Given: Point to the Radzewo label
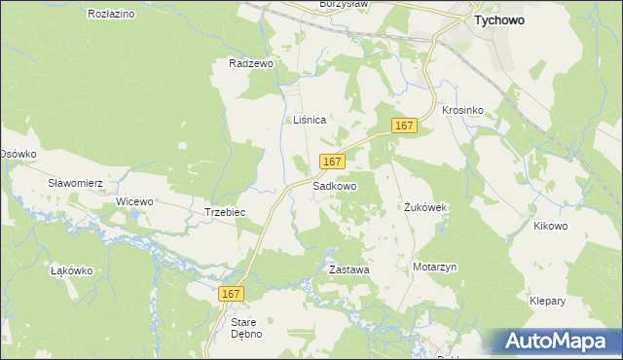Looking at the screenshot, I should coord(251,63).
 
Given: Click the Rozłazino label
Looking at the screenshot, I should coord(111,15).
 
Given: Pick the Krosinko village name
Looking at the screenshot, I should coord(462,111).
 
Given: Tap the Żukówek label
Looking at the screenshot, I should coord(425,208).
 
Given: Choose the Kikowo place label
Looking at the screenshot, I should coord(550,226).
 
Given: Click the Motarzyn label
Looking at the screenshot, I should coord(434,267).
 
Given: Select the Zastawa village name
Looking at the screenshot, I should coord(348,269).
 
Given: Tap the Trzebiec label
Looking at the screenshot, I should coord(224,212).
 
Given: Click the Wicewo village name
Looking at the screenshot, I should coord(135,201).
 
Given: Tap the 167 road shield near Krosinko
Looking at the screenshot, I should coord(406,126).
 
